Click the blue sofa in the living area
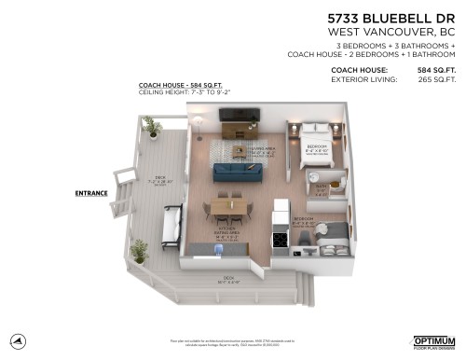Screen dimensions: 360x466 click(x=240, y=172)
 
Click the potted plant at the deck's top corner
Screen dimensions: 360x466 click(x=151, y=126)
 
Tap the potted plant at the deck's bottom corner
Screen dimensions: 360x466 click(x=140, y=250)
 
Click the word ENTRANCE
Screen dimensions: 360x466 click(x=91, y=194)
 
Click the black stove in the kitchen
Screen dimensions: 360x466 click(x=278, y=240)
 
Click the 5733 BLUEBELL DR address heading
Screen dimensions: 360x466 click(x=392, y=19)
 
